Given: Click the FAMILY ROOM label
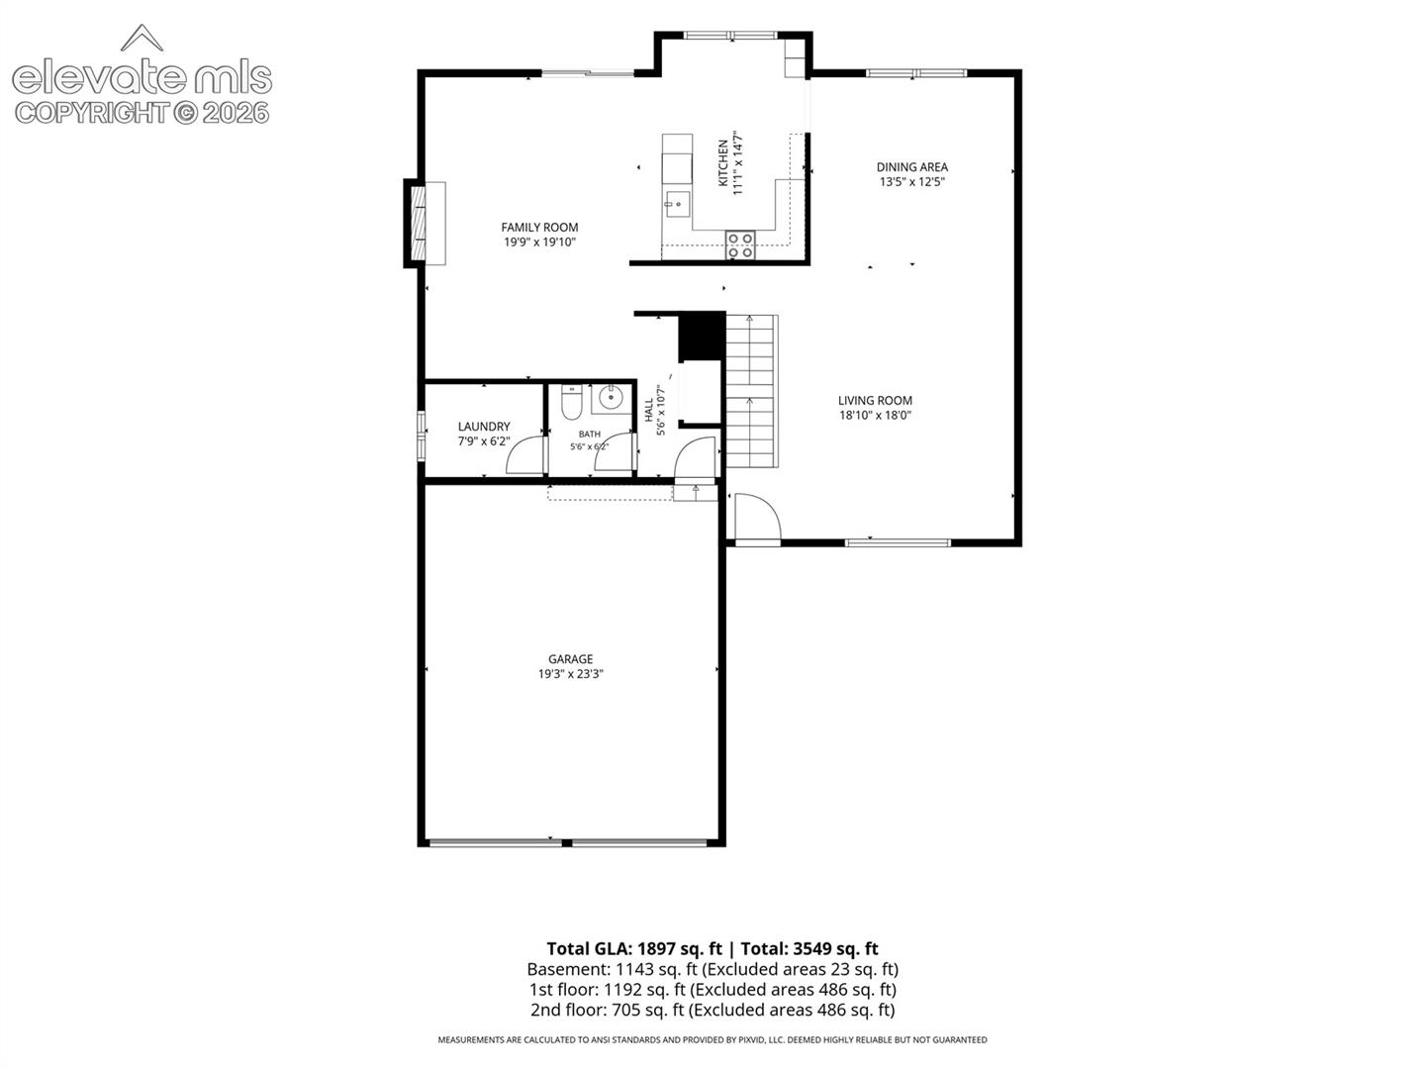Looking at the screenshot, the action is click(539, 228).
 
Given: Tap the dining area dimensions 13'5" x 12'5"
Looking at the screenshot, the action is click(911, 182).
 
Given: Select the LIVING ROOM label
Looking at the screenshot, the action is click(875, 401).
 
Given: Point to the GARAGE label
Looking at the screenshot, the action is click(570, 659).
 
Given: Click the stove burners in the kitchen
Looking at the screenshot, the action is click(740, 244).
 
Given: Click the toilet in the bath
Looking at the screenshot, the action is click(571, 403).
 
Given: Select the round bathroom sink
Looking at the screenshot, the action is click(611, 397).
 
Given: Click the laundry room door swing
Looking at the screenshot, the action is click(524, 455).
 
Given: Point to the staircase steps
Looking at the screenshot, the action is click(751, 391).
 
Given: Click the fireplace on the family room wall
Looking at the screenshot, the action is click(426, 224).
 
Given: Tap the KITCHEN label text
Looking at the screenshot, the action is click(722, 163).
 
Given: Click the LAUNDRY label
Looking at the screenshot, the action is click(484, 427).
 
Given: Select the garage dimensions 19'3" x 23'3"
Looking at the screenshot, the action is click(570, 674).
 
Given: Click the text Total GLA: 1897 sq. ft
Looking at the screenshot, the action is click(633, 949).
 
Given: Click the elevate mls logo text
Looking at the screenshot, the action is click(142, 78).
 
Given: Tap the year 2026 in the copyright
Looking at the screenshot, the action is click(236, 113).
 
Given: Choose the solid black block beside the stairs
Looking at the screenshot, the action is click(702, 337).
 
